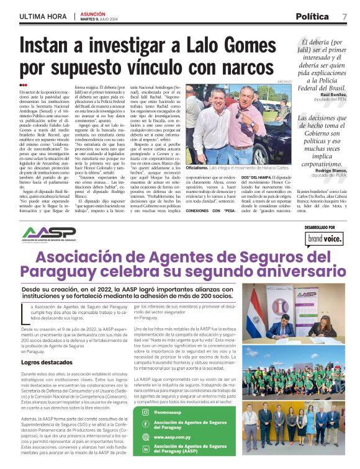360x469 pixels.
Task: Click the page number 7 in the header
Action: click(344, 16)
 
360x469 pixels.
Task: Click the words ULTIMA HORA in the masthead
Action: click(43, 16)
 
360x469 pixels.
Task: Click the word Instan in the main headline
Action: click(50, 47)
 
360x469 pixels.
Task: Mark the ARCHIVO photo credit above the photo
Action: click(284, 82)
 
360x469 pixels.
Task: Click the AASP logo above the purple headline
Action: click(48, 233)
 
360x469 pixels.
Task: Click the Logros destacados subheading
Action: click(46, 362)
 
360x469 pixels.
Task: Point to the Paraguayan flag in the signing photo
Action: click(254, 316)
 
